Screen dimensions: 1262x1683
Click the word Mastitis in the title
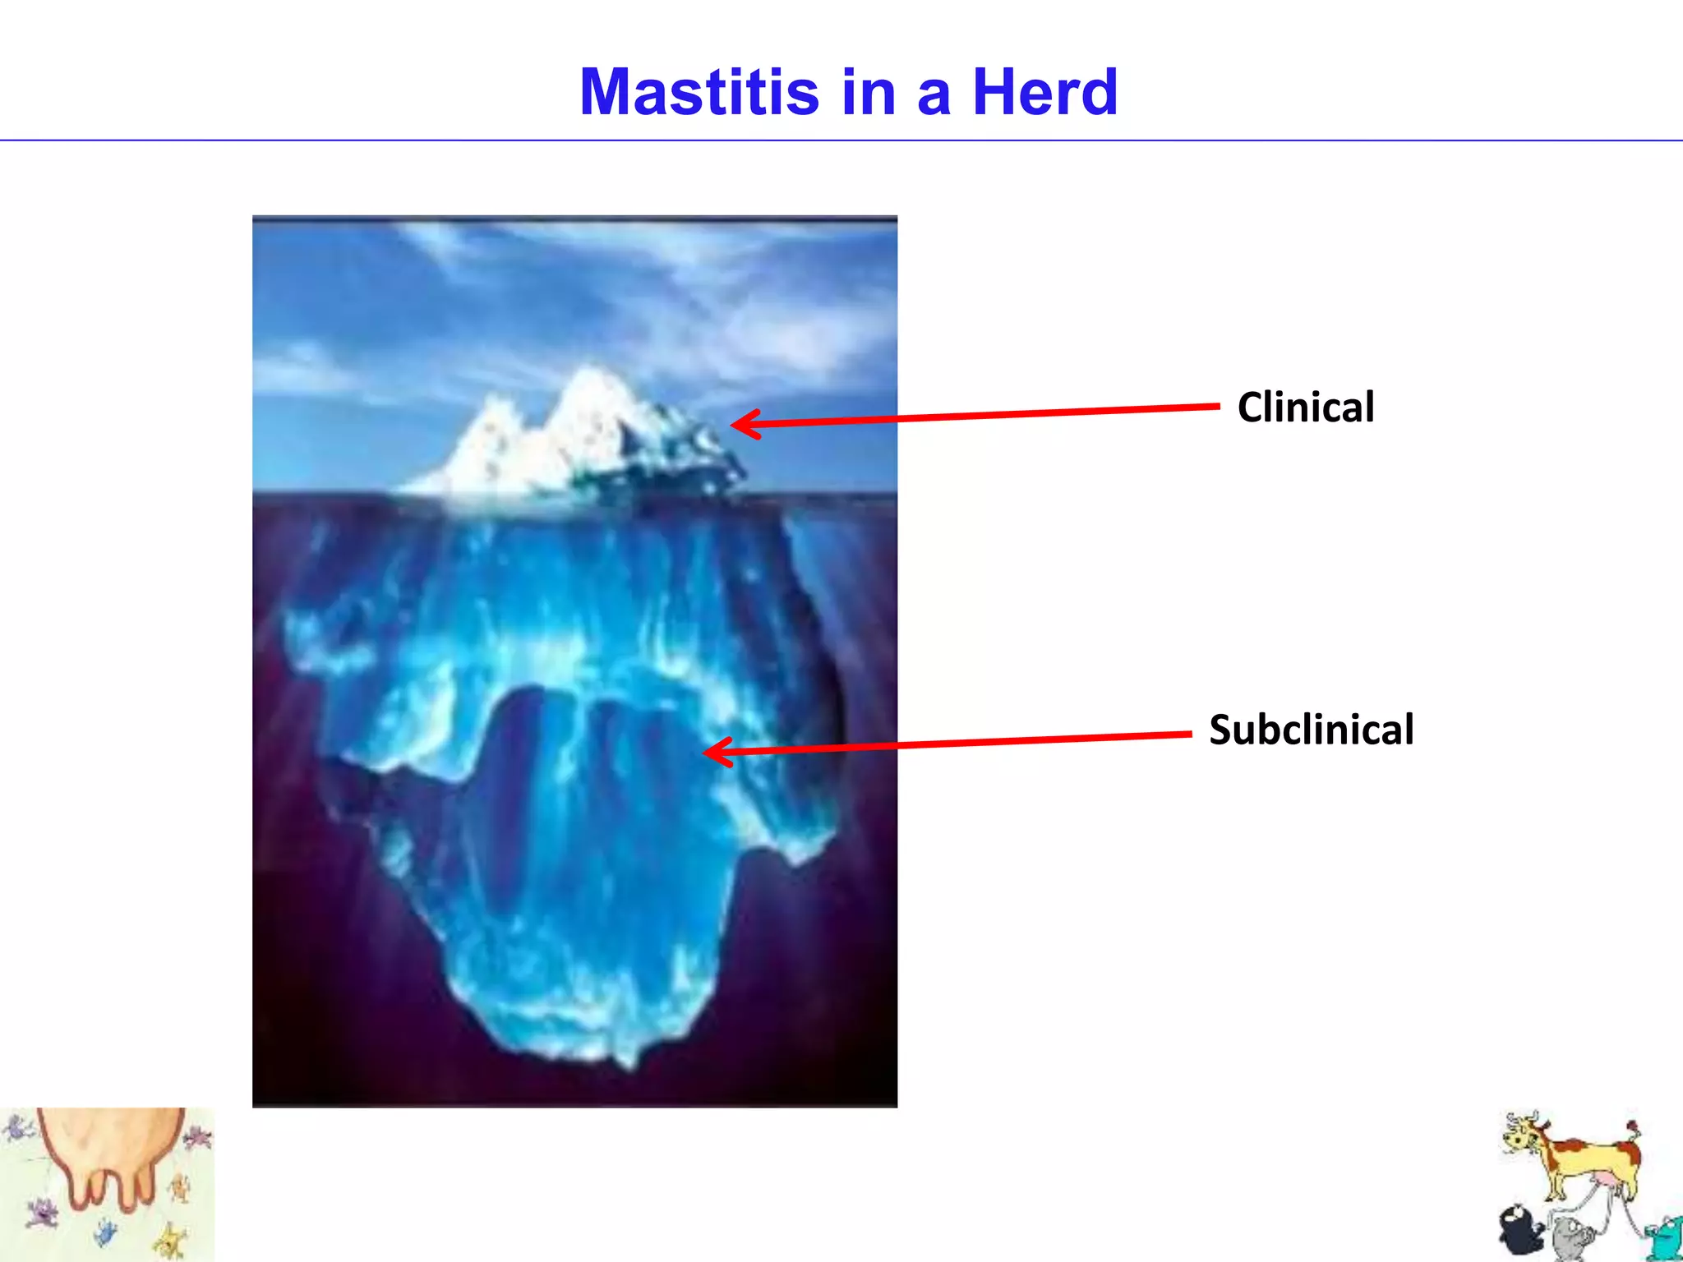[x=699, y=92]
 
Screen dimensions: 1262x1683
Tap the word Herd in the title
[x=1044, y=92]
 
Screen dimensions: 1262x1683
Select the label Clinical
[x=1305, y=408]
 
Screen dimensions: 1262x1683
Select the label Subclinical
[x=1311, y=730]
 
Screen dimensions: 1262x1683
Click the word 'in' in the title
[x=869, y=92]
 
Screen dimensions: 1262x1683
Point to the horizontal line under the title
[x=841, y=140]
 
